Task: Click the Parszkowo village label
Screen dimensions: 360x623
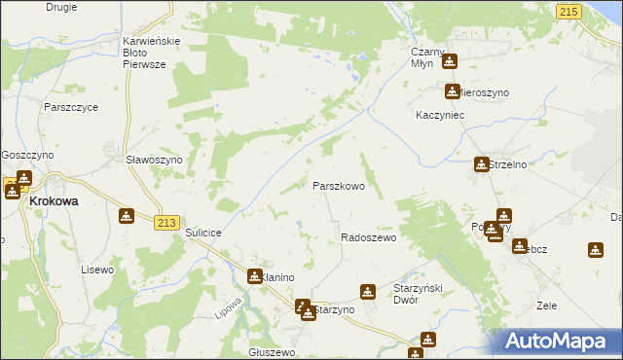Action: (338, 185)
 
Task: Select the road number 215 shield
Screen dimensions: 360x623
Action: (568, 10)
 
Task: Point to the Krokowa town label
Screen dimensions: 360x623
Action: (55, 201)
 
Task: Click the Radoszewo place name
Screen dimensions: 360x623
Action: (368, 237)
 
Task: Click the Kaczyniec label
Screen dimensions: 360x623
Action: (436, 114)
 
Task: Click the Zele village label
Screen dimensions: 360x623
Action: (546, 306)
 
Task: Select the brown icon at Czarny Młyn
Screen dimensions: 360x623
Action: (449, 62)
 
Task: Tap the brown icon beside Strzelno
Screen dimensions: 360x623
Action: (481, 164)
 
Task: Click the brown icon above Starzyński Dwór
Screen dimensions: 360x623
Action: (367, 290)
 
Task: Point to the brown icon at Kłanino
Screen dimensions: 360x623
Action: (254, 276)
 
